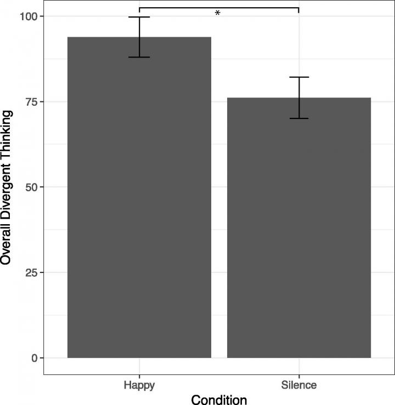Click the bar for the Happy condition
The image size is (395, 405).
tap(139, 197)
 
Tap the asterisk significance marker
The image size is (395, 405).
tap(217, 13)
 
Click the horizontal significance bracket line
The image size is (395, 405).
tap(258, 8)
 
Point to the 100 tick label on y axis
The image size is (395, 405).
tap(29, 16)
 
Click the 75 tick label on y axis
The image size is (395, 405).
tap(32, 102)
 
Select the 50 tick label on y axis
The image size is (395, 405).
tap(32, 187)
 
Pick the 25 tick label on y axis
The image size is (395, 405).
tap(32, 273)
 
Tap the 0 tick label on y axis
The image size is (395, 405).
tap(35, 358)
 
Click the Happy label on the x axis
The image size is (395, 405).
tap(139, 385)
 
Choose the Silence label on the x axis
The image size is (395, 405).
tap(299, 385)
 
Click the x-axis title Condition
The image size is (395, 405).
tap(219, 400)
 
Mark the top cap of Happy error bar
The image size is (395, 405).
tap(139, 17)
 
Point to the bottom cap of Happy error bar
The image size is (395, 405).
tap(139, 57)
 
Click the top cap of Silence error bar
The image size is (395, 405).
tap(299, 77)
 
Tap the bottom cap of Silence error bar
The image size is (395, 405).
tap(299, 118)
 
